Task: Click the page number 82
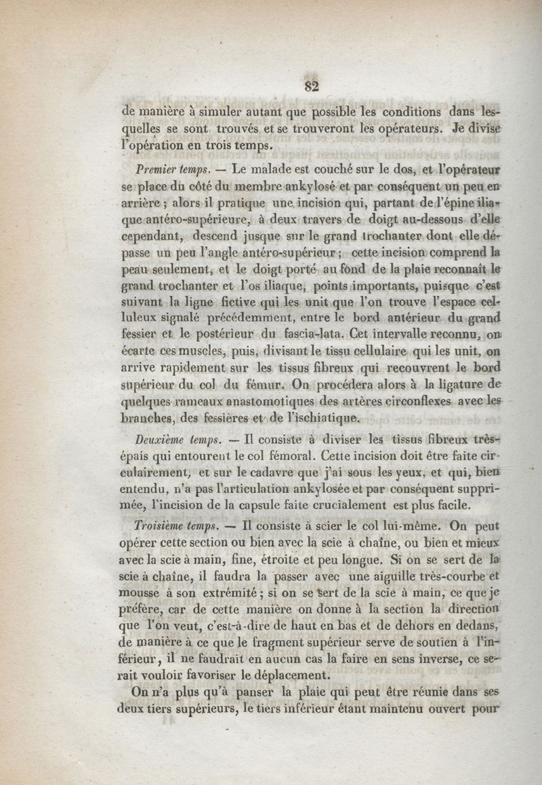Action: pyautogui.click(x=312, y=85)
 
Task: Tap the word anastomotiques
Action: pyautogui.click(x=261, y=402)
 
